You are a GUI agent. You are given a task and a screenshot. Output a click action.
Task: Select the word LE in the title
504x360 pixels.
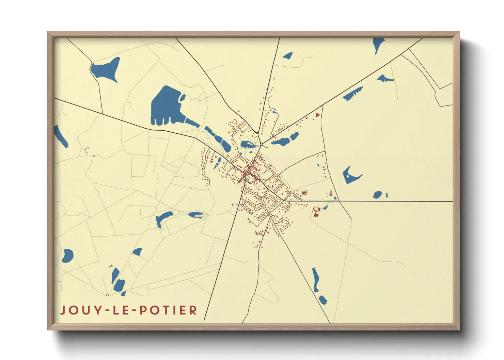tap(123, 310)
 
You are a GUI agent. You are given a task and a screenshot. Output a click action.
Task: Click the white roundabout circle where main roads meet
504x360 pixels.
tap(261, 145)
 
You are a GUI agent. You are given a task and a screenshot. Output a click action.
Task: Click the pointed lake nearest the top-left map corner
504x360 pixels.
tap(107, 69)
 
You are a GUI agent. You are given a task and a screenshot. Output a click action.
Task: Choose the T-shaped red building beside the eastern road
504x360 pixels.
tap(330, 193)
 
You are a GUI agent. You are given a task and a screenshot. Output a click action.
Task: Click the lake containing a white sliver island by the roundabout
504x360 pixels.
tap(248, 144)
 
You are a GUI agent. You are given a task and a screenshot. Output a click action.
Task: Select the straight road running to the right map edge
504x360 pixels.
tap(395, 201)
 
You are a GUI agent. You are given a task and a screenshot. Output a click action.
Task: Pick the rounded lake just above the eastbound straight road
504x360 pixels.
tap(378, 195)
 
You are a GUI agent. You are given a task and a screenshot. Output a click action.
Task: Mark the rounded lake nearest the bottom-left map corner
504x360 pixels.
tap(68, 255)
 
